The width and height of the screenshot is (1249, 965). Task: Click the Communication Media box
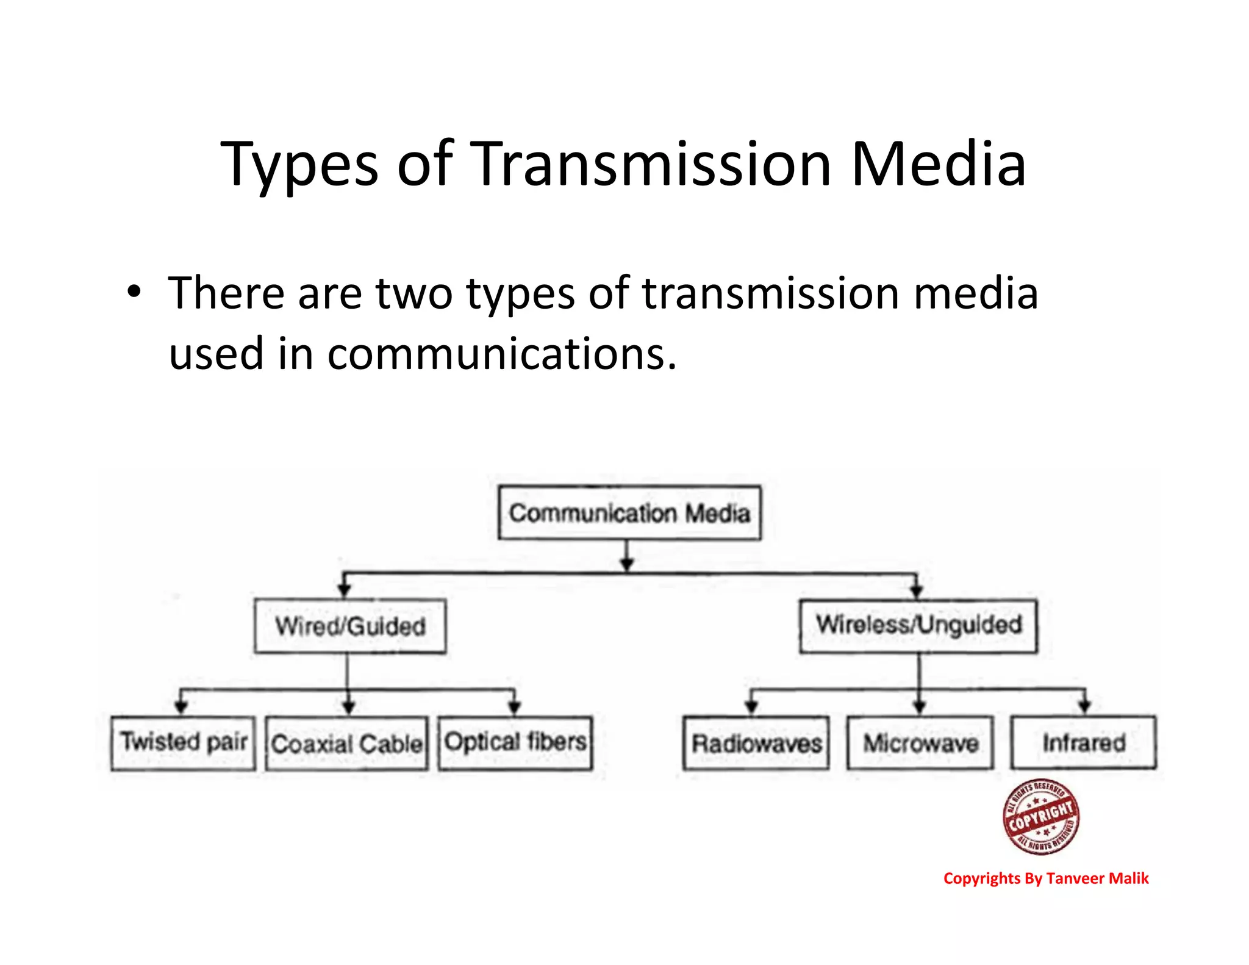coord(629,513)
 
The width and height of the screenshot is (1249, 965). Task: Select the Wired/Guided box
coord(350,626)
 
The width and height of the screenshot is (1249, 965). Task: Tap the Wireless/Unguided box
coord(918,626)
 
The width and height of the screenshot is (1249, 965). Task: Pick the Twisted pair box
coord(183,743)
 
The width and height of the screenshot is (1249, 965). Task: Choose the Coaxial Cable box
coord(347,744)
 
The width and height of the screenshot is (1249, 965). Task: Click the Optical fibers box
coord(515,743)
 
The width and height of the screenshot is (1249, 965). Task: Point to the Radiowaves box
coord(756,743)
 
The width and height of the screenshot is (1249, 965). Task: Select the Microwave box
coord(920,743)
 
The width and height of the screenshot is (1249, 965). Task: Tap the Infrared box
coord(1084,742)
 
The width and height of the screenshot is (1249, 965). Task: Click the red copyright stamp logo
coord(1041,817)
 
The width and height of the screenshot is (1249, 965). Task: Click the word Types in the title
coord(299,165)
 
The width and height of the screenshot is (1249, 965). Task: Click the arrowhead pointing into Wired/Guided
coord(344,589)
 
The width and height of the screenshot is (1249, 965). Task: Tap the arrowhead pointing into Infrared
coord(1084,706)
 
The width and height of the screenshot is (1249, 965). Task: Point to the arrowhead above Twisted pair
coord(181,706)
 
